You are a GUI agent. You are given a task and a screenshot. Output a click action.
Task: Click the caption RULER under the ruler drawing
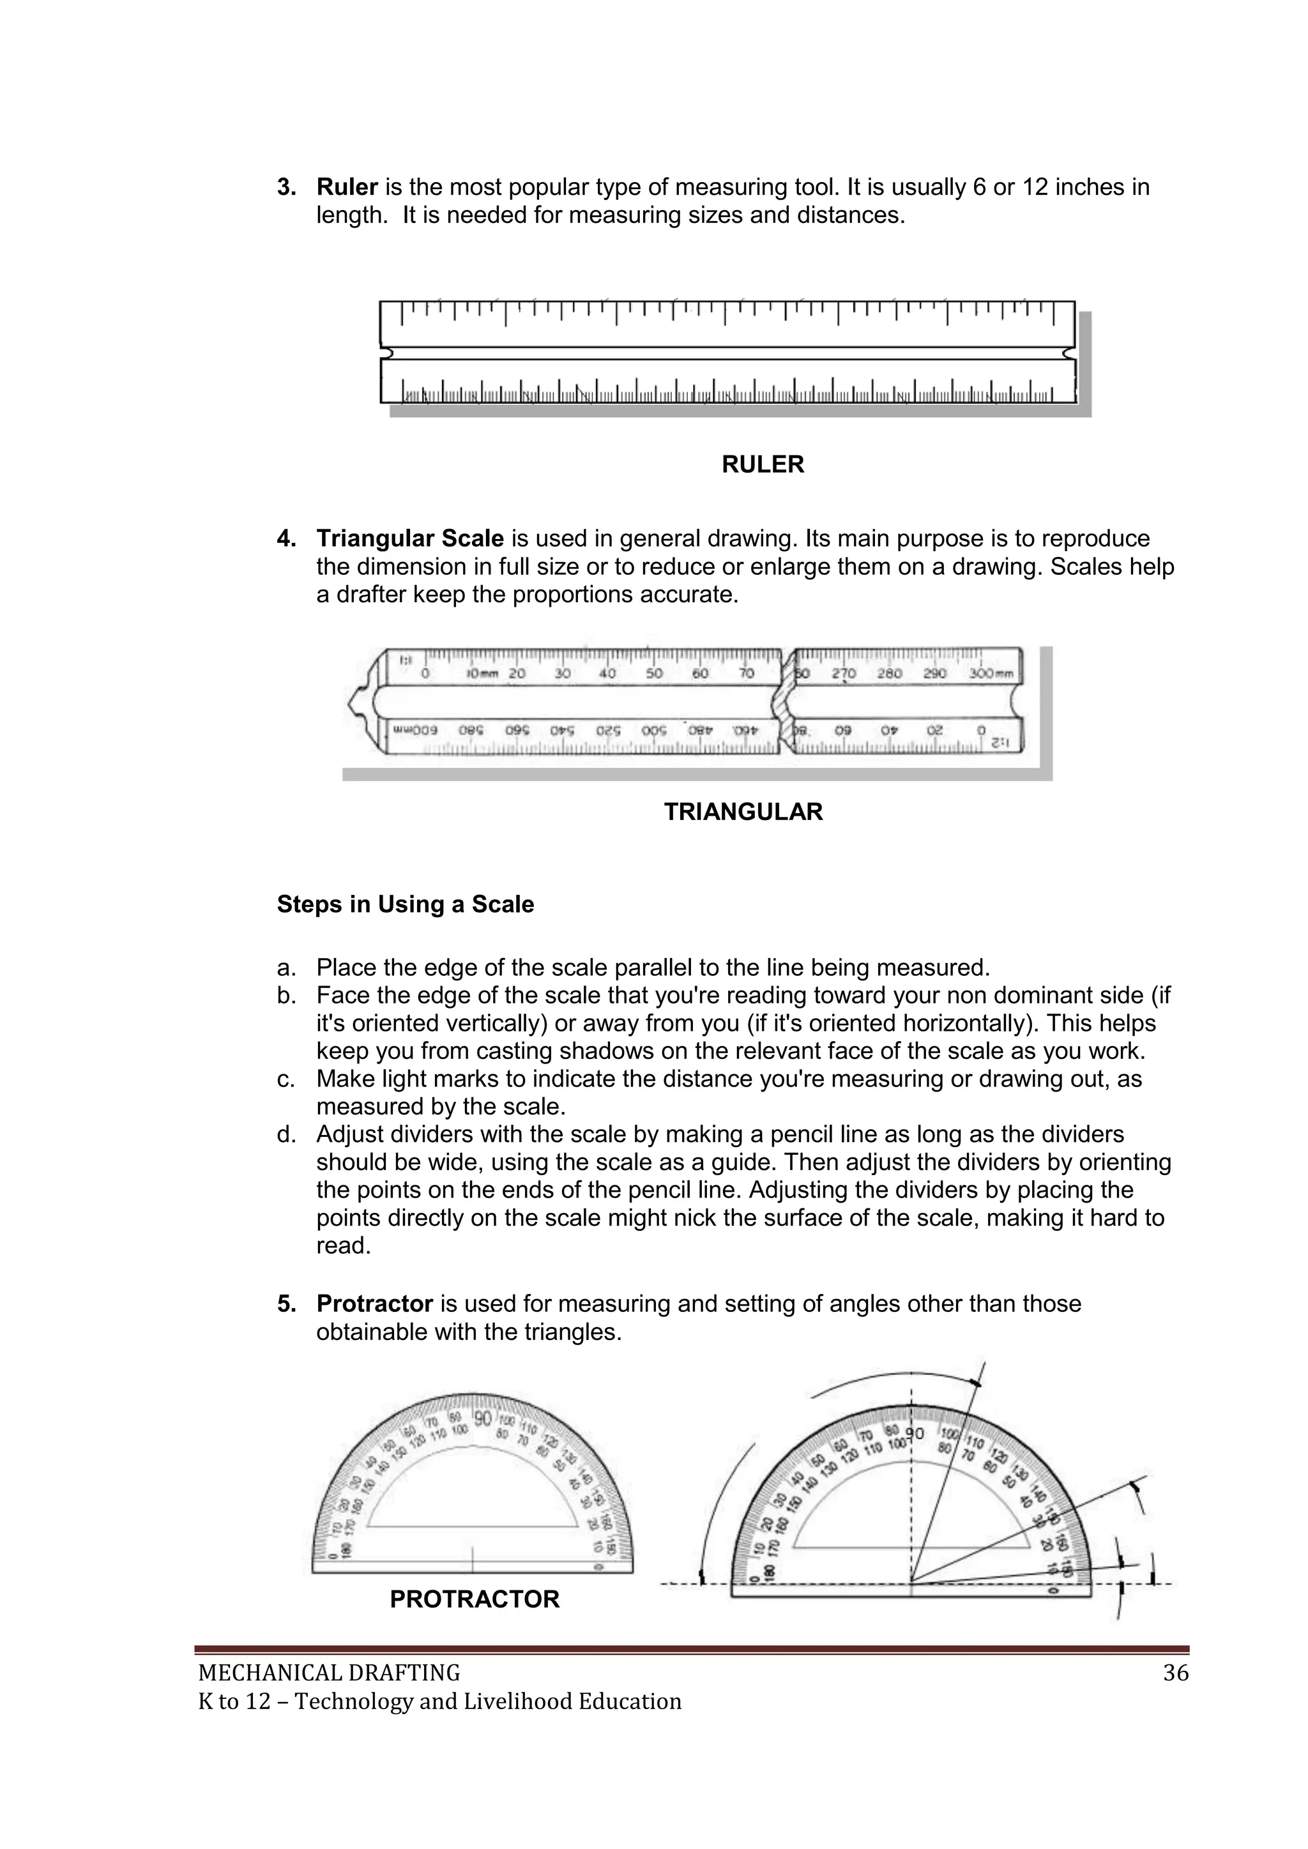(762, 465)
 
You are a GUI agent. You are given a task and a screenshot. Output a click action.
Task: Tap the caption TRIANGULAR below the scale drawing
(743, 812)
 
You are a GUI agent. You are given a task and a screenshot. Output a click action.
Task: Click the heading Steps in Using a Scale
(405, 904)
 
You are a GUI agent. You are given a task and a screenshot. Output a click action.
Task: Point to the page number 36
(1175, 1673)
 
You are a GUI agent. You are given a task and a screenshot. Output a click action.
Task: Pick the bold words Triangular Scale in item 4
(410, 539)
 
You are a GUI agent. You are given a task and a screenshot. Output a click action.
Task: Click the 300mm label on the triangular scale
(991, 673)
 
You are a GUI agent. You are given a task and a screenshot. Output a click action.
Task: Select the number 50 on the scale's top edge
(654, 673)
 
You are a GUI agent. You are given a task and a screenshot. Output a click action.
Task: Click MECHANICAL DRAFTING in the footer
(329, 1673)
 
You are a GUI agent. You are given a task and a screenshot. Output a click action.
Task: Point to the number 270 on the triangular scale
(843, 673)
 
